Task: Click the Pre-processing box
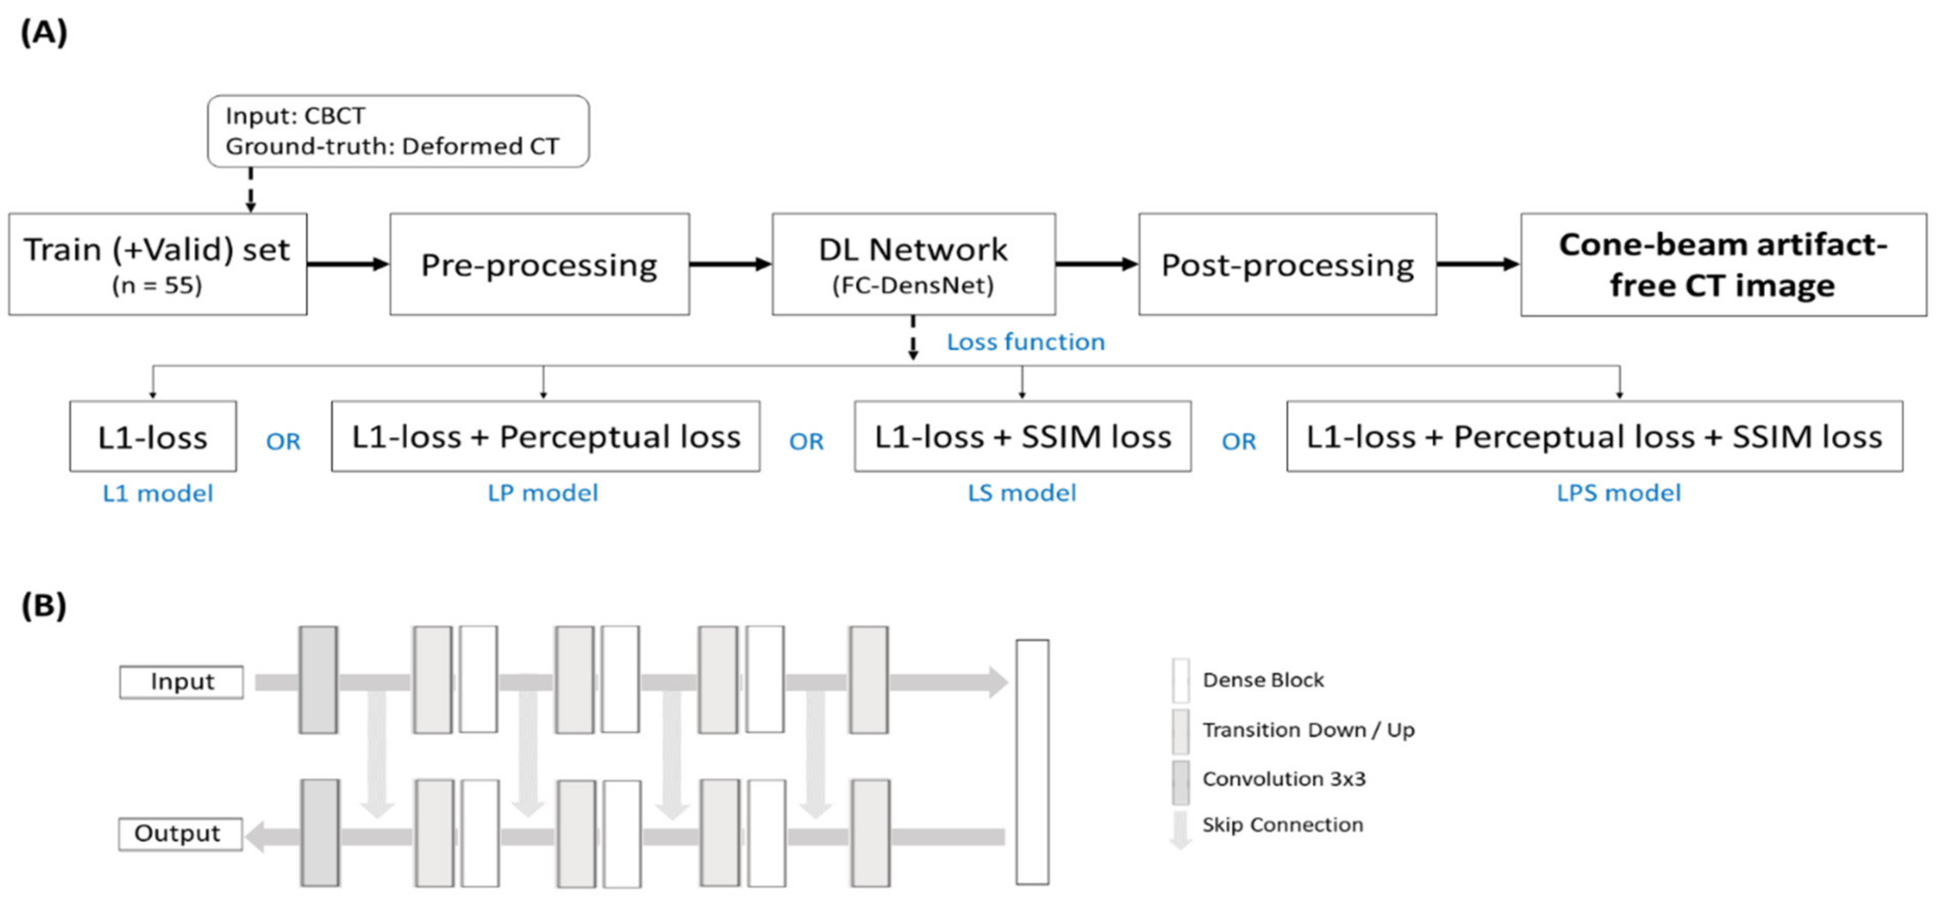[x=539, y=264]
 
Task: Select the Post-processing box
[x=1287, y=264]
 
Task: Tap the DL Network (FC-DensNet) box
[x=913, y=264]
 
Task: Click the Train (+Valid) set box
[x=158, y=264]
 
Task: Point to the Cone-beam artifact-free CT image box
[x=1723, y=265]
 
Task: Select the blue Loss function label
[x=1026, y=342]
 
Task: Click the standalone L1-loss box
[x=152, y=437]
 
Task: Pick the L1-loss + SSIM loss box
[x=1022, y=437]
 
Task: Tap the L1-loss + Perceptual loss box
[x=545, y=437]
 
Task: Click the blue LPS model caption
[x=1618, y=494]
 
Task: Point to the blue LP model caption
[x=542, y=494]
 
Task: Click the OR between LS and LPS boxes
[x=1239, y=441]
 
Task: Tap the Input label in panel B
[x=181, y=682]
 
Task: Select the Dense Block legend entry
[x=1262, y=680]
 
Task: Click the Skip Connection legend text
[x=1282, y=825]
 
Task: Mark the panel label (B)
[x=43, y=606]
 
